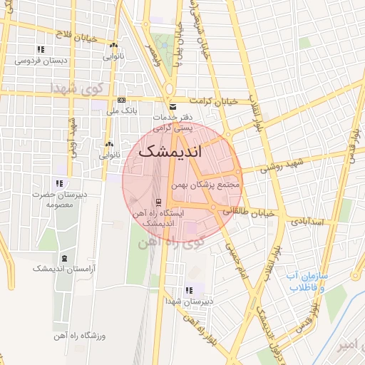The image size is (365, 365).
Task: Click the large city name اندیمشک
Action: (x=170, y=152)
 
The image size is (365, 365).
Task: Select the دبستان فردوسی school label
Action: (x=41, y=61)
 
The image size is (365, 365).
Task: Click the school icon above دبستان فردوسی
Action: (x=41, y=50)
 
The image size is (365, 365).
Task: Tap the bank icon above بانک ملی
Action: (x=122, y=100)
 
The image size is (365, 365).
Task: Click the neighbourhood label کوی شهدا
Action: (x=76, y=88)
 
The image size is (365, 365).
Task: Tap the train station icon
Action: (x=158, y=201)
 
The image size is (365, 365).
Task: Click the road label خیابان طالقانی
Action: (x=249, y=212)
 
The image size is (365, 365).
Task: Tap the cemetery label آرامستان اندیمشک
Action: (x=62, y=269)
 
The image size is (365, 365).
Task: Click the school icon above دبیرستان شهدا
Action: (x=189, y=290)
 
